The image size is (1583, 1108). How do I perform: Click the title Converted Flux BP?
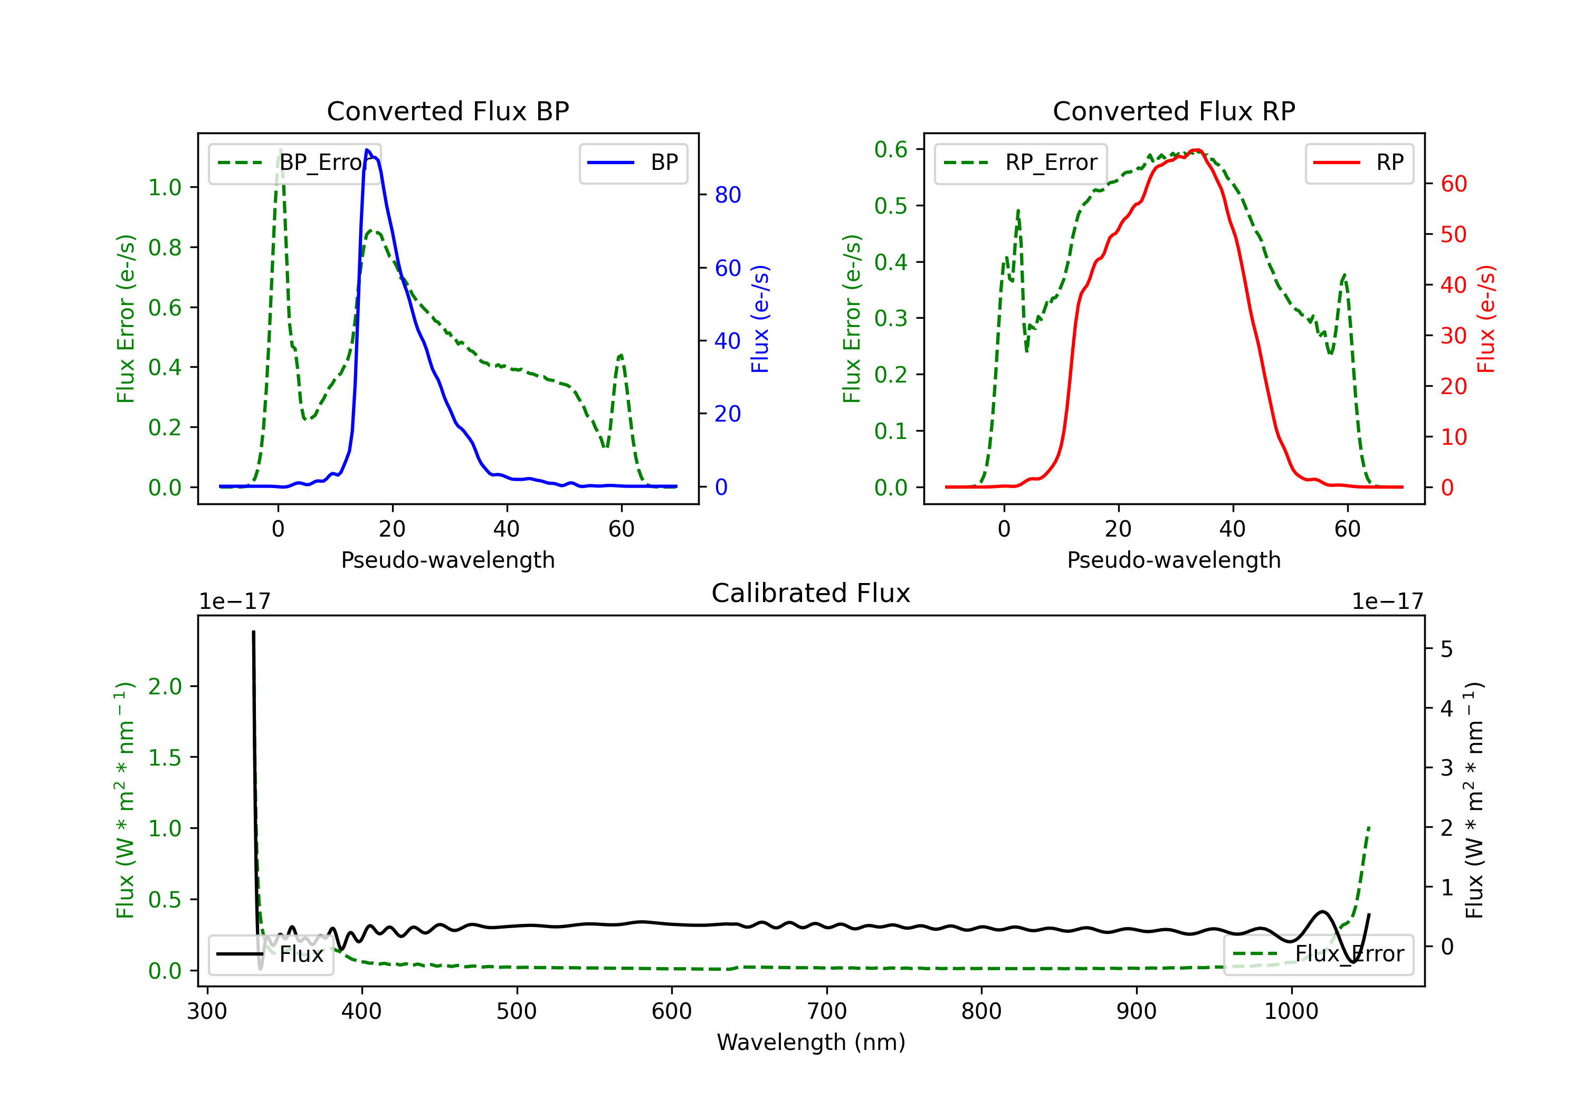point(447,111)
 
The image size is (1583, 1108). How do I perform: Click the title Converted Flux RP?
point(1174,111)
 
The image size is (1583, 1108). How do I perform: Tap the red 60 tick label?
point(1453,184)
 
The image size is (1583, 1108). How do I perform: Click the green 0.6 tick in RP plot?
point(890,150)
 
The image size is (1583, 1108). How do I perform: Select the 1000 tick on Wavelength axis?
point(1291,1011)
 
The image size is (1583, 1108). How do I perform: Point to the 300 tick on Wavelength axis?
point(207,1011)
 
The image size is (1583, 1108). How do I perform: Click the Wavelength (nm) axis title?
point(811,1043)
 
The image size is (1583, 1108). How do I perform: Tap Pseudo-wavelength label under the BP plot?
point(447,560)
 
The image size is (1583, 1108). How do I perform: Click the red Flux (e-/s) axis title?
point(1486,319)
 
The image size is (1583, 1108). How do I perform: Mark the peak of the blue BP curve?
point(367,150)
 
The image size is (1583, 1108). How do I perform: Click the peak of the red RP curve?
point(1198,150)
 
